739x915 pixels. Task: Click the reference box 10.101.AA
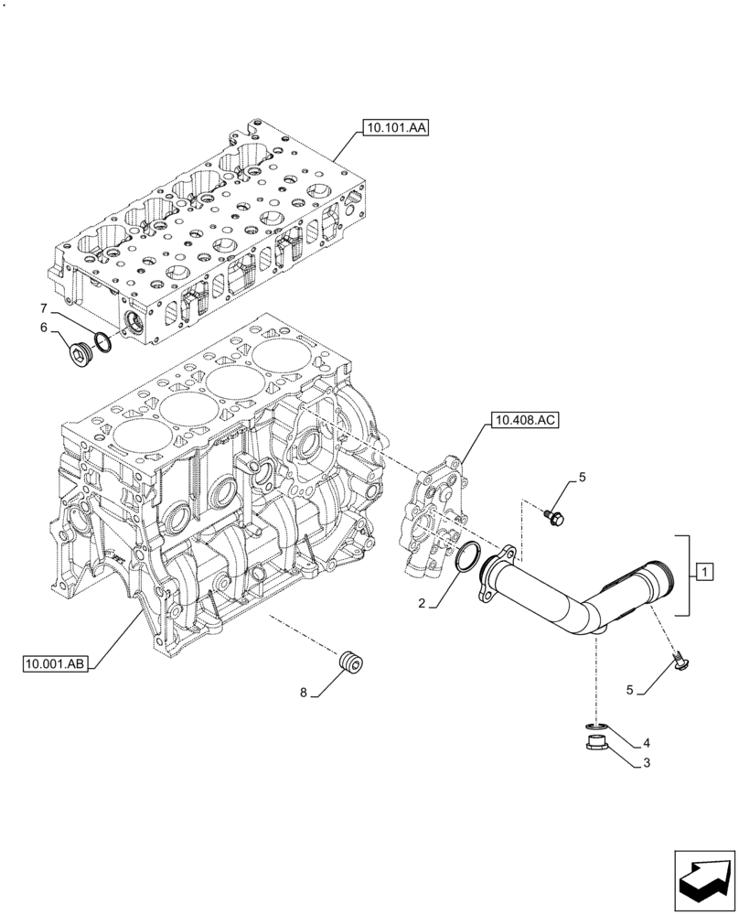394,129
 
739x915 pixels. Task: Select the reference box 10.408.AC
524,421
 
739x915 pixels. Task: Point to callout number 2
423,604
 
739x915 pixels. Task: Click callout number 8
303,693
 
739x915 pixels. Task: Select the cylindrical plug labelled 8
350,662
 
